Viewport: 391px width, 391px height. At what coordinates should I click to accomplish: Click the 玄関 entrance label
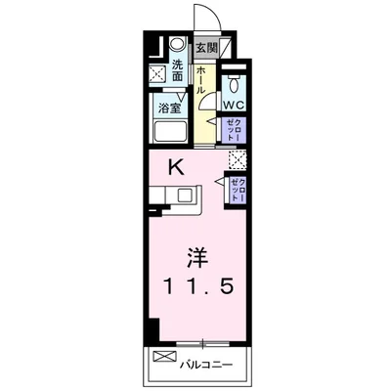point(205,47)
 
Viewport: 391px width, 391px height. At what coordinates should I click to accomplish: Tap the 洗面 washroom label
point(178,68)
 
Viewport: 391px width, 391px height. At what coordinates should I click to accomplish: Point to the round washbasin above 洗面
point(176,45)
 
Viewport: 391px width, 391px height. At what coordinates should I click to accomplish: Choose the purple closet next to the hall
point(235,129)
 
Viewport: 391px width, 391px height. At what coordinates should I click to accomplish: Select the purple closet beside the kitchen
point(237,188)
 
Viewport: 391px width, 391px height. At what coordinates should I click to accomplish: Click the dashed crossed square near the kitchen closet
point(237,161)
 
